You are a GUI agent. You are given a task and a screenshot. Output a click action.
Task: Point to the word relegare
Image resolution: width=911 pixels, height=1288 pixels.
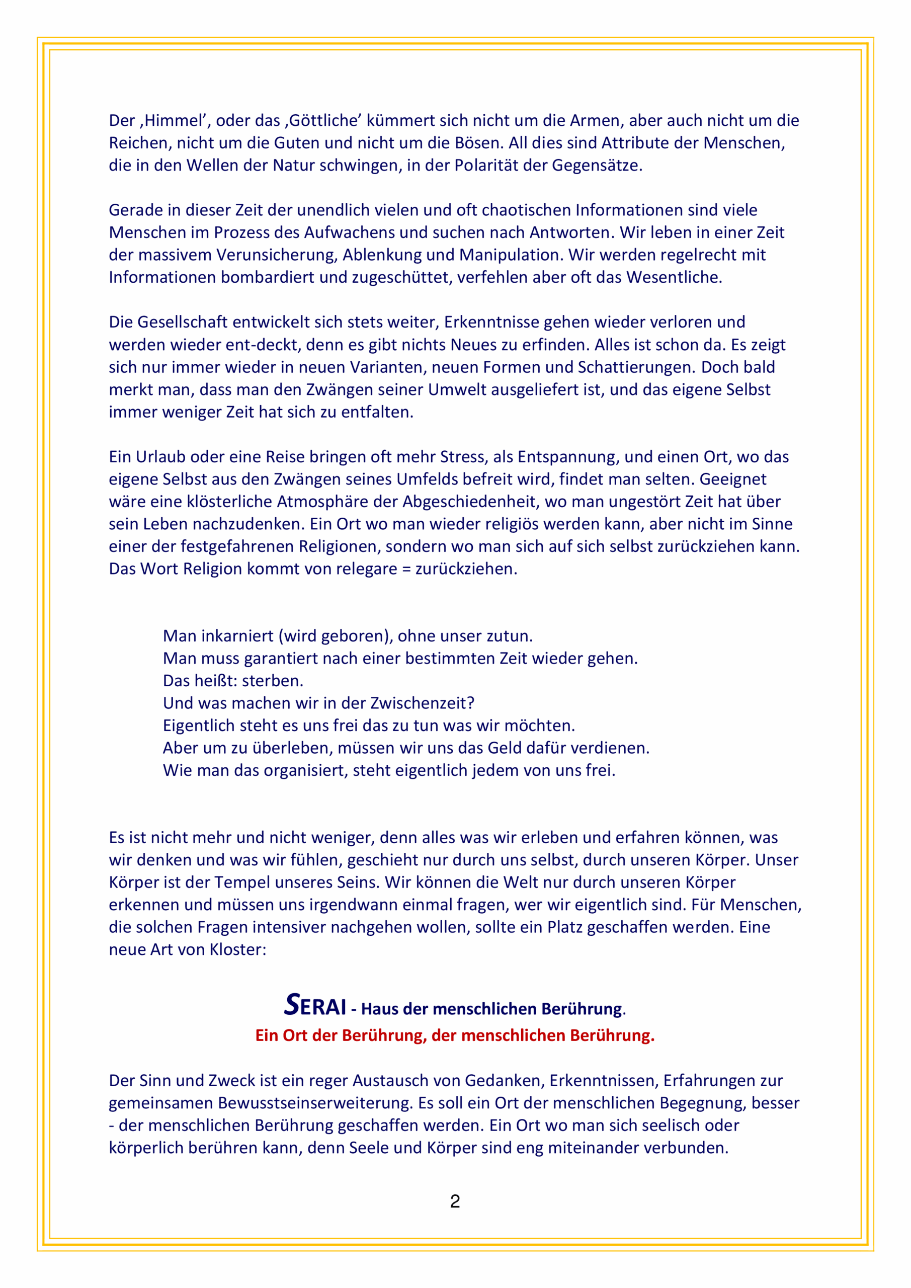click(366, 569)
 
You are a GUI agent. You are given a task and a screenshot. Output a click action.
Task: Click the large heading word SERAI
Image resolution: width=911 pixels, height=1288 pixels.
click(315, 1005)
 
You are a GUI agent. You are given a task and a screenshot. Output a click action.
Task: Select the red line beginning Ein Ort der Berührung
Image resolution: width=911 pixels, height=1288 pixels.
click(455, 1035)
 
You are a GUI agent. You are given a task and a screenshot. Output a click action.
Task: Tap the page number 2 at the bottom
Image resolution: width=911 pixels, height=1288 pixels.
click(455, 1201)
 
